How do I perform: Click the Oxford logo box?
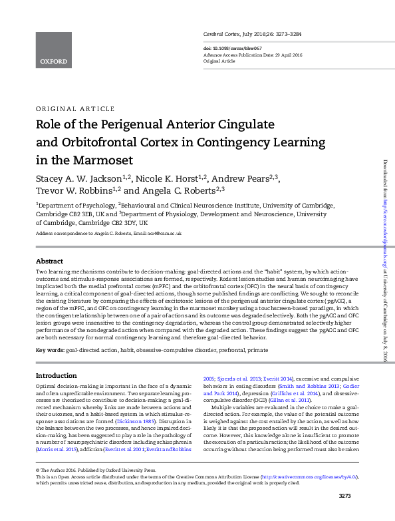pyautogui.click(x=53, y=41)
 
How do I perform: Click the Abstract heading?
pyautogui.click(x=49, y=261)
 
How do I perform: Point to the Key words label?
pyautogui.click(x=50, y=349)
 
